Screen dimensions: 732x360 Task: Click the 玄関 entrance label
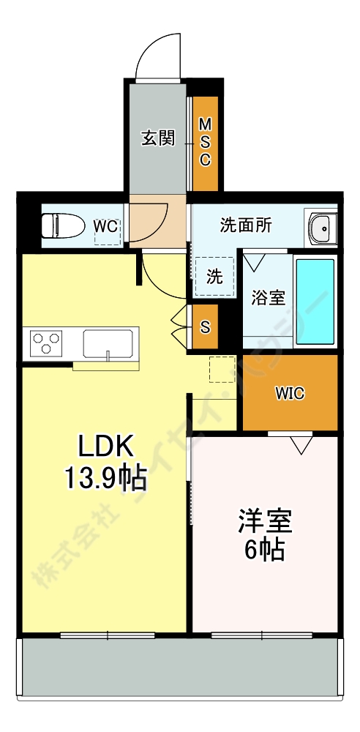(157, 138)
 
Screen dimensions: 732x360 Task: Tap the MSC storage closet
(205, 142)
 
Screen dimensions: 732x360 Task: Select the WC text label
(105, 226)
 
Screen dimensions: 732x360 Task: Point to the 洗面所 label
(246, 225)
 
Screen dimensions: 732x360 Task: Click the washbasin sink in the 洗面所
(321, 230)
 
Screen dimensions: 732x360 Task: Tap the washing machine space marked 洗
(214, 277)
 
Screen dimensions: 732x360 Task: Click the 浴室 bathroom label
(268, 298)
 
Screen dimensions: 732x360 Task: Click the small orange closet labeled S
(205, 326)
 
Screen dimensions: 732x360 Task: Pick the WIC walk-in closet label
(290, 393)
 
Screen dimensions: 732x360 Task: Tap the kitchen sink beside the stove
(108, 343)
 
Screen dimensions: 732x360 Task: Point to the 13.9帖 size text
(105, 479)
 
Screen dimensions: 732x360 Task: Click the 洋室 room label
(264, 523)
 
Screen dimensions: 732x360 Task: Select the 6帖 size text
(264, 550)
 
